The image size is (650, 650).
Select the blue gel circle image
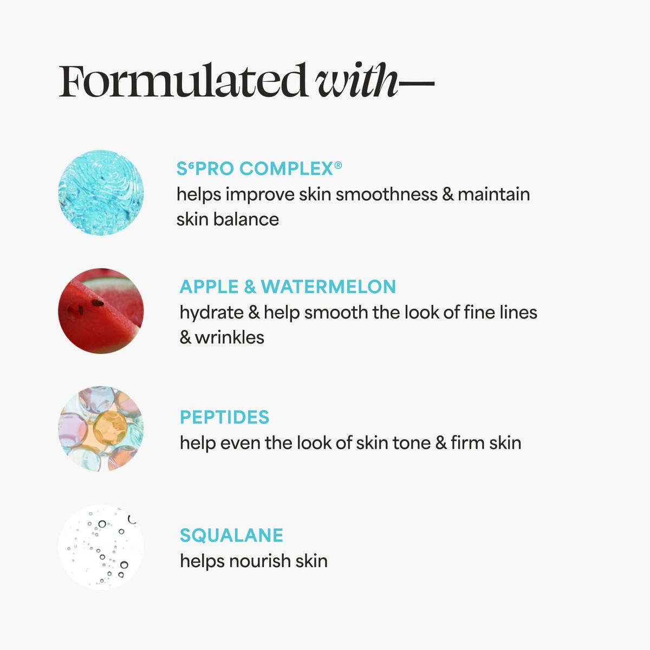pyautogui.click(x=101, y=193)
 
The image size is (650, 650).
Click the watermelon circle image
pyautogui.click(x=101, y=311)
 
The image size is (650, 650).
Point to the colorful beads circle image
pyautogui.click(x=101, y=428)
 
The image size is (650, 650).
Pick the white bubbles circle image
pyautogui.click(x=101, y=547)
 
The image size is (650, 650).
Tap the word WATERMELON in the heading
pyautogui.click(x=328, y=287)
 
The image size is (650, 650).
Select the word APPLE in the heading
pyautogui.click(x=209, y=287)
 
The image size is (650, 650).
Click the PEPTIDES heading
pyautogui.click(x=224, y=417)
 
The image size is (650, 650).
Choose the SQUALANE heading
pyautogui.click(x=231, y=535)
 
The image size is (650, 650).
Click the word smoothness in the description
pyautogui.click(x=386, y=194)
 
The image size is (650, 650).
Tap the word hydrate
pyautogui.click(x=211, y=313)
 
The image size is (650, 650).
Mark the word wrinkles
pyautogui.click(x=229, y=337)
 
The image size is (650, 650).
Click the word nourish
pyautogui.click(x=259, y=561)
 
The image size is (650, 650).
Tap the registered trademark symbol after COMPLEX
pyautogui.click(x=338, y=165)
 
